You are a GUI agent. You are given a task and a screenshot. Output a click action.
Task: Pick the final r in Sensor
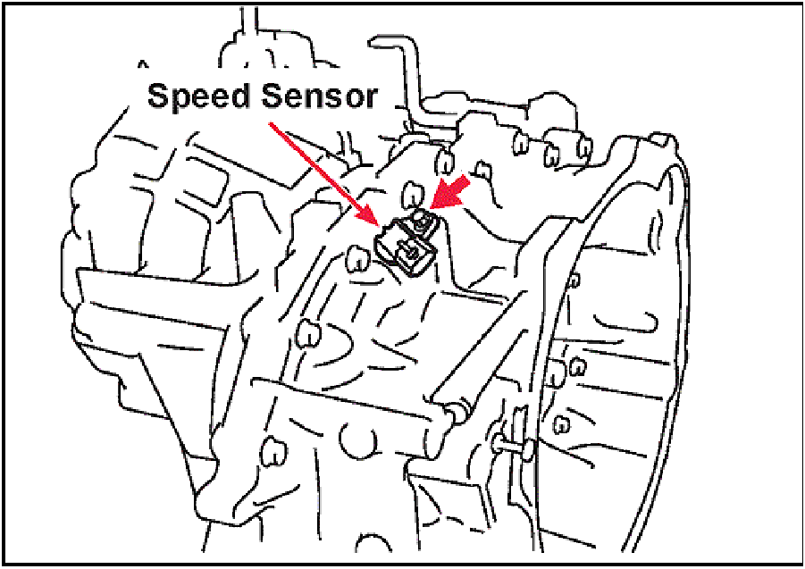[373, 97]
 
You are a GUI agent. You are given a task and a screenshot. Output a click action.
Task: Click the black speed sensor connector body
[400, 245]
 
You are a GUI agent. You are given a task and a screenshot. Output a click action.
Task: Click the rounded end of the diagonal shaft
[454, 410]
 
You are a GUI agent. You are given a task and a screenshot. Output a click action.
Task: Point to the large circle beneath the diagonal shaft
[360, 440]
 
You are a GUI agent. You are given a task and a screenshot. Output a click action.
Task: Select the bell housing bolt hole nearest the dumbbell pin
[562, 421]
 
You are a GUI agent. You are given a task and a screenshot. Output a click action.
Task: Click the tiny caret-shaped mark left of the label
[141, 65]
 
